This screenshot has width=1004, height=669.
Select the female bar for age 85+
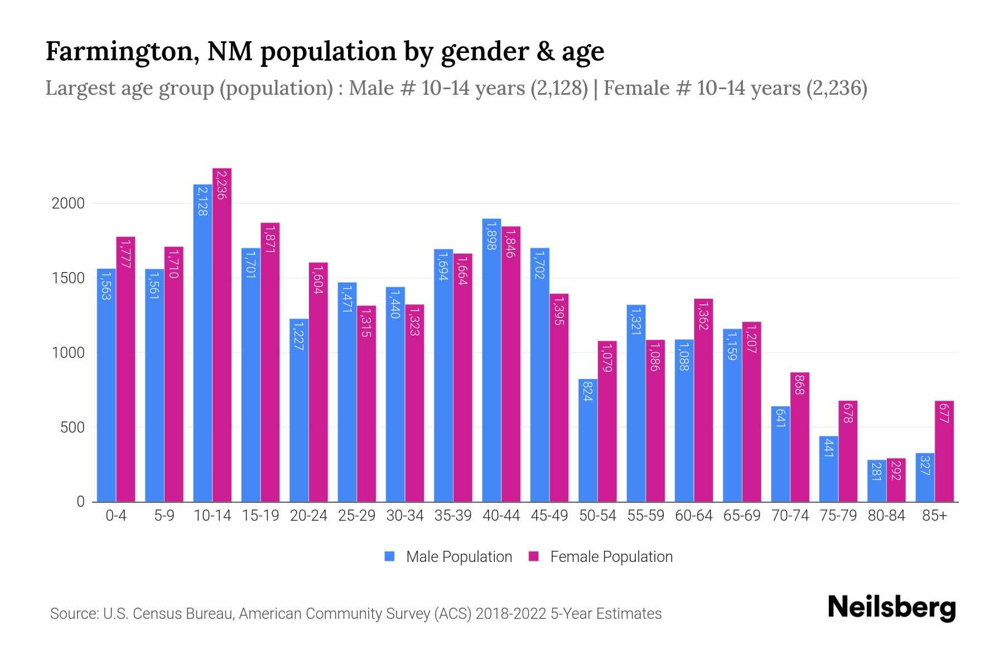(944, 452)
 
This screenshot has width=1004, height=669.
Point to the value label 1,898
(491, 236)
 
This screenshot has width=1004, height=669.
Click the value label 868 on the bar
(799, 385)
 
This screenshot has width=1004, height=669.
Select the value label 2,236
(221, 185)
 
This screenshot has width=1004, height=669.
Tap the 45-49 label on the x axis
(549, 516)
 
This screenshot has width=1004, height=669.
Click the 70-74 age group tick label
(790, 516)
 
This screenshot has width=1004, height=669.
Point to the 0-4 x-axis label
(116, 516)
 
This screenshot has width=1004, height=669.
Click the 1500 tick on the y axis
(68, 278)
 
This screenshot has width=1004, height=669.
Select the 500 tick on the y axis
(73, 428)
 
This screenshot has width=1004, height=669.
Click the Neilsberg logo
(891, 608)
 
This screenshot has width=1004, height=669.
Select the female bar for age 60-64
(703, 401)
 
